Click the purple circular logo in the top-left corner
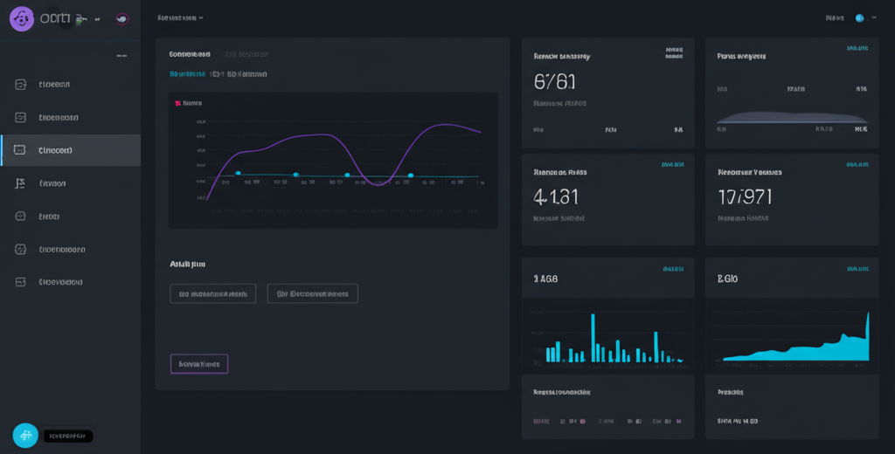click(21, 18)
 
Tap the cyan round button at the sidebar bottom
click(25, 436)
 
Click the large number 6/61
click(554, 81)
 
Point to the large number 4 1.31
click(555, 196)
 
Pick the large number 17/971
click(745, 196)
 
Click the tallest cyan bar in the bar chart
click(593, 337)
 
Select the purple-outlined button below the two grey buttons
click(199, 363)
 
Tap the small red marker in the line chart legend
click(178, 103)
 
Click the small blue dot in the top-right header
click(859, 17)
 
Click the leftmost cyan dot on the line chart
click(238, 174)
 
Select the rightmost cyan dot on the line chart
click(410, 175)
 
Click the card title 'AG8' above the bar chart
click(545, 279)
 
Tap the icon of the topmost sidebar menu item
click(21, 85)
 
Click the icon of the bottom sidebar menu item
click(21, 282)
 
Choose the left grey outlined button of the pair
click(213, 293)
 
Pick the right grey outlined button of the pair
click(312, 293)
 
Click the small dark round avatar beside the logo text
click(121, 18)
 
